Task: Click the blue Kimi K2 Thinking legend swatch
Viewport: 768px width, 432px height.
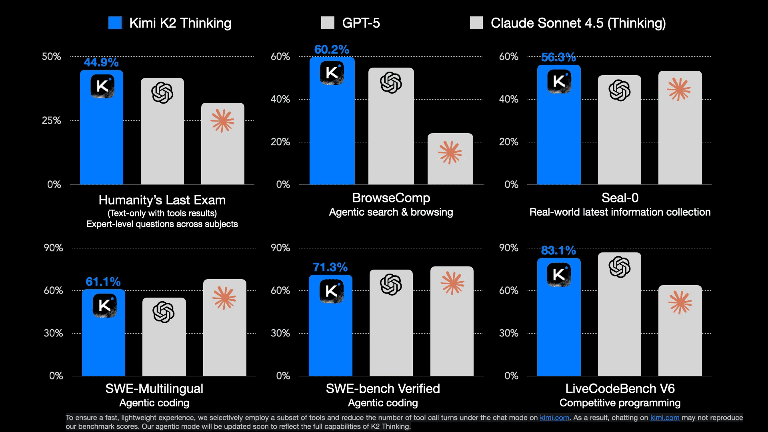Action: (x=115, y=23)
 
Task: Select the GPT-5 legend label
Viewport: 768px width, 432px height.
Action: (x=361, y=23)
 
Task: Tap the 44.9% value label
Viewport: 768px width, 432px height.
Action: (x=101, y=62)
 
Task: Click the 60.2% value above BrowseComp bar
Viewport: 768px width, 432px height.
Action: (x=332, y=50)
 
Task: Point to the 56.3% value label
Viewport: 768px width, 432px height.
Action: (x=558, y=57)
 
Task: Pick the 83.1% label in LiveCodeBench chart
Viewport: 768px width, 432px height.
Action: (x=558, y=250)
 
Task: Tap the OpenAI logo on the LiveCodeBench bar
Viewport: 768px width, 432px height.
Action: (x=619, y=267)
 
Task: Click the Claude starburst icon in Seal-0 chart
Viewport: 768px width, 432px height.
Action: (x=679, y=89)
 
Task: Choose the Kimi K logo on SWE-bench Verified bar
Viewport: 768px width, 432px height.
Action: (x=331, y=291)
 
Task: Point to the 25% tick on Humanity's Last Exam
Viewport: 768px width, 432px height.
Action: (x=51, y=120)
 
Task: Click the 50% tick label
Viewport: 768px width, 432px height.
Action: (x=51, y=56)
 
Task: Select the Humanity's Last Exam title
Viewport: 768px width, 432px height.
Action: (x=162, y=200)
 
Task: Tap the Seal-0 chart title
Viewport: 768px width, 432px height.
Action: (x=620, y=198)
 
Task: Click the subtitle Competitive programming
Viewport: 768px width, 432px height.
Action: (x=620, y=403)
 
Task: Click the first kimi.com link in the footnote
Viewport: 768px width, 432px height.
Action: (x=554, y=418)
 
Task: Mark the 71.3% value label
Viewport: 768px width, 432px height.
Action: (x=330, y=267)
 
